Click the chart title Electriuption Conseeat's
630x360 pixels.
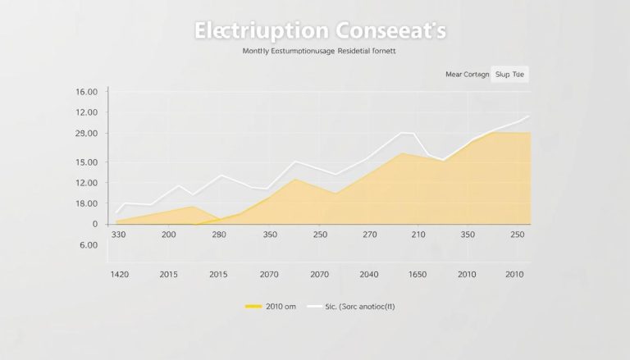click(321, 30)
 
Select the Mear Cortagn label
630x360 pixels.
click(467, 75)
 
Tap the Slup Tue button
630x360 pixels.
click(509, 75)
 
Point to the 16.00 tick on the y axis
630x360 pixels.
click(86, 91)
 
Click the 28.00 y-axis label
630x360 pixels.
click(86, 133)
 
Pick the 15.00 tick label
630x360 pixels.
click(86, 162)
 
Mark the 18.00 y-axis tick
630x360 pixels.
click(86, 203)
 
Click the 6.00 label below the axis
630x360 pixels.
click(89, 244)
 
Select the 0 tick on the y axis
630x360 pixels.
click(95, 224)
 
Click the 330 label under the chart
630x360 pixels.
click(119, 235)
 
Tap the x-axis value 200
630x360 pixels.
click(169, 235)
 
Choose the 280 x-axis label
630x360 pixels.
click(218, 235)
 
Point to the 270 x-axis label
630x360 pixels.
click(370, 235)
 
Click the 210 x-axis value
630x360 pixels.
click(419, 235)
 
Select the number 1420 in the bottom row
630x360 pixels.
click(120, 274)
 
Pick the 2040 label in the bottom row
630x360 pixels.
click(369, 274)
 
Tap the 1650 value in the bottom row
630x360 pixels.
click(418, 274)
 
